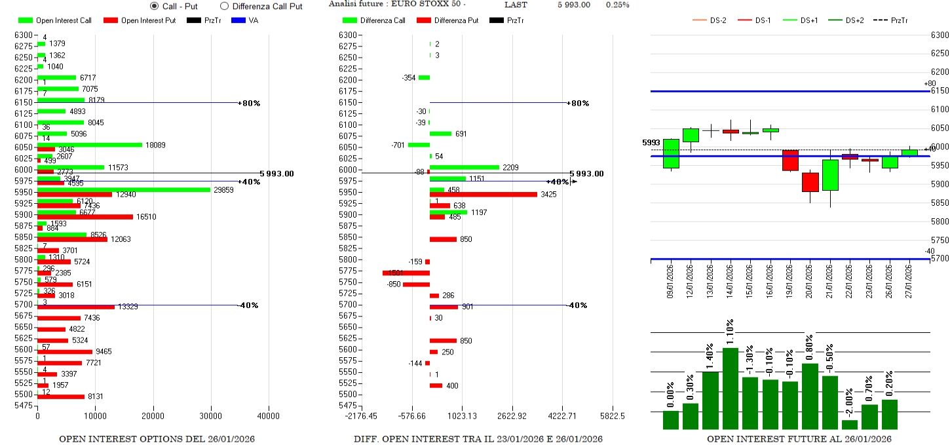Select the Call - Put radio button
pos(155,6)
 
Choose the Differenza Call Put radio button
pos(224,6)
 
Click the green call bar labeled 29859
pos(124,189)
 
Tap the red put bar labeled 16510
pos(85,216)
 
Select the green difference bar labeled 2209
pos(464,167)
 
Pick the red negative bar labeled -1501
pos(406,273)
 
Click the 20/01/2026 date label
pos(810,280)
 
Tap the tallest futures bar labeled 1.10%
pos(730,388)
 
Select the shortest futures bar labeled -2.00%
pos(850,425)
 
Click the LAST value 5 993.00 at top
pos(574,5)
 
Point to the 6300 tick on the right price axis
pos(940,35)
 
